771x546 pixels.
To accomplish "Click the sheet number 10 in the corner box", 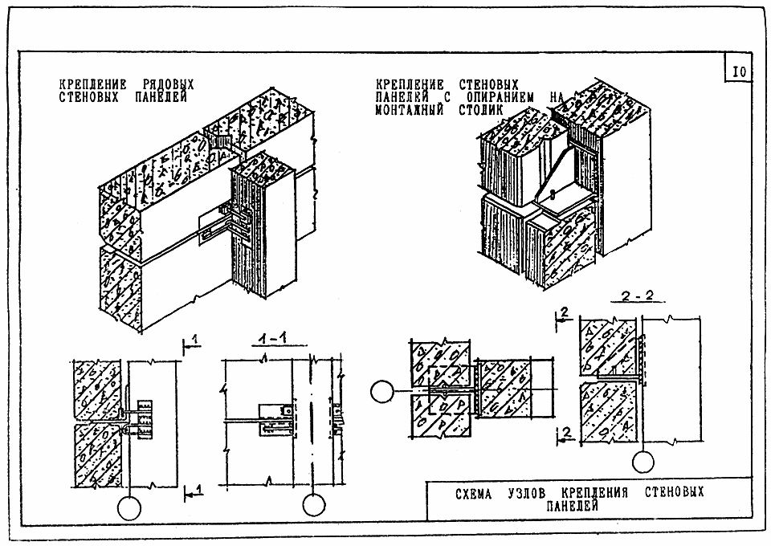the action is (x=739, y=72).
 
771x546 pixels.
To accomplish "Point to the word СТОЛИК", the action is (x=481, y=109).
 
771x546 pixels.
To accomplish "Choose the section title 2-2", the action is (x=637, y=296).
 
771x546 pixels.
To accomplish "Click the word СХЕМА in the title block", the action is (x=474, y=494).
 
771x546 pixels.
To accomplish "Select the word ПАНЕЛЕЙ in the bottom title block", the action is (x=573, y=506).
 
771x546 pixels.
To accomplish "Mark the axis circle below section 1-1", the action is (x=314, y=505).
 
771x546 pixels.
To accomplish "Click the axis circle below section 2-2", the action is (x=643, y=462).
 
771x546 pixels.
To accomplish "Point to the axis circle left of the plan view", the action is (x=382, y=392).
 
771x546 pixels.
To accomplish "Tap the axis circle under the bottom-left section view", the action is (x=129, y=508).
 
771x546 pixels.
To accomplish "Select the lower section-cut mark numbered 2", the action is (x=565, y=436).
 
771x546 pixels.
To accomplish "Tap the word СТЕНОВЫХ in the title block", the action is (x=674, y=492).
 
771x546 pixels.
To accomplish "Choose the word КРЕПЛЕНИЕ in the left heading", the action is (x=93, y=85).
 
